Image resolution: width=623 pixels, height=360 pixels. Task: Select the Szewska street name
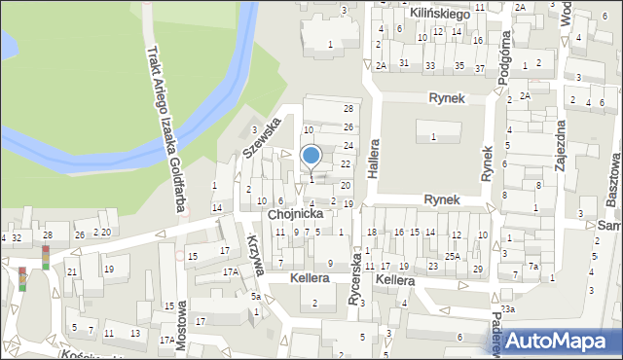262,138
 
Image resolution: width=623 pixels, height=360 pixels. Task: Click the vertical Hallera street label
373,155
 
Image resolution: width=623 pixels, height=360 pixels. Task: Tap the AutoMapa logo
557,340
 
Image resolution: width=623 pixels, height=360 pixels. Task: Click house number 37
479,67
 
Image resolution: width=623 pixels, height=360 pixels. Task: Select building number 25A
453,256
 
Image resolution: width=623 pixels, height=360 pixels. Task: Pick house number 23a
507,308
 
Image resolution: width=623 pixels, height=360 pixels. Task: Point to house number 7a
532,267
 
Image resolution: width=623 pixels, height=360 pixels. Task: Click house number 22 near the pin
345,163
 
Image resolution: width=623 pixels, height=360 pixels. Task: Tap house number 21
72,271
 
